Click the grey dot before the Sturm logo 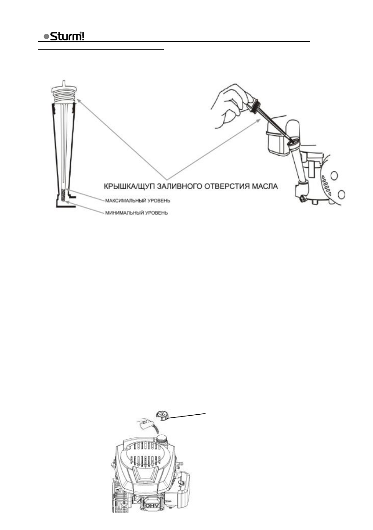46,37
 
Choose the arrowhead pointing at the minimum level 67,202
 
